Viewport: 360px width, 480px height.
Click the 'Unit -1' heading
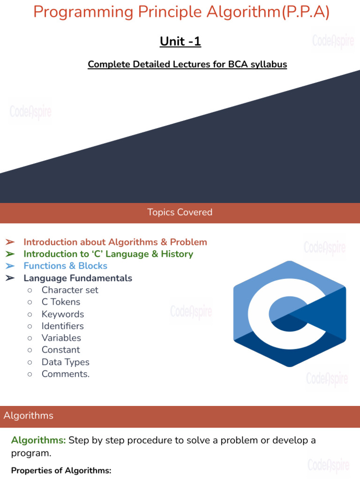click(180, 42)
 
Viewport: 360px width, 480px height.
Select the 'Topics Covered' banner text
click(180, 212)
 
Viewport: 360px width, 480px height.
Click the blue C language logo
click(290, 313)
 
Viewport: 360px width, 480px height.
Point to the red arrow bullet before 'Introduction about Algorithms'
click(10, 242)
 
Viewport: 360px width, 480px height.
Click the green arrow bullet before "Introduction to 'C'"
click(10, 254)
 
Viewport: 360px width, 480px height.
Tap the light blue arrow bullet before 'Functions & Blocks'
click(10, 266)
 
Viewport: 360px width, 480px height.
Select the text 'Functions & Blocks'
click(66, 266)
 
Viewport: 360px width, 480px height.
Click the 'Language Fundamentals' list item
click(78, 278)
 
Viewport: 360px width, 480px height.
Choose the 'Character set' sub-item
click(70, 290)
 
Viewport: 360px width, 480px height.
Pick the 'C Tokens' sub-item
click(61, 302)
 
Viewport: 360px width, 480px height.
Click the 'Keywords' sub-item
click(63, 314)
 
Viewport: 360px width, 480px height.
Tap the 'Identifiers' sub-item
click(63, 326)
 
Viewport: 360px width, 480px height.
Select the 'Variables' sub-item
click(61, 338)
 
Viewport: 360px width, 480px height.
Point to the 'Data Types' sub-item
click(65, 362)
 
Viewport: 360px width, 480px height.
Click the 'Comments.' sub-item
click(66, 374)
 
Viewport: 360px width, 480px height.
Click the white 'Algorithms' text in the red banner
click(29, 416)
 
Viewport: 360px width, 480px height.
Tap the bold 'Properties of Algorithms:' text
click(61, 470)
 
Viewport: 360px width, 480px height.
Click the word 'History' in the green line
click(177, 254)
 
